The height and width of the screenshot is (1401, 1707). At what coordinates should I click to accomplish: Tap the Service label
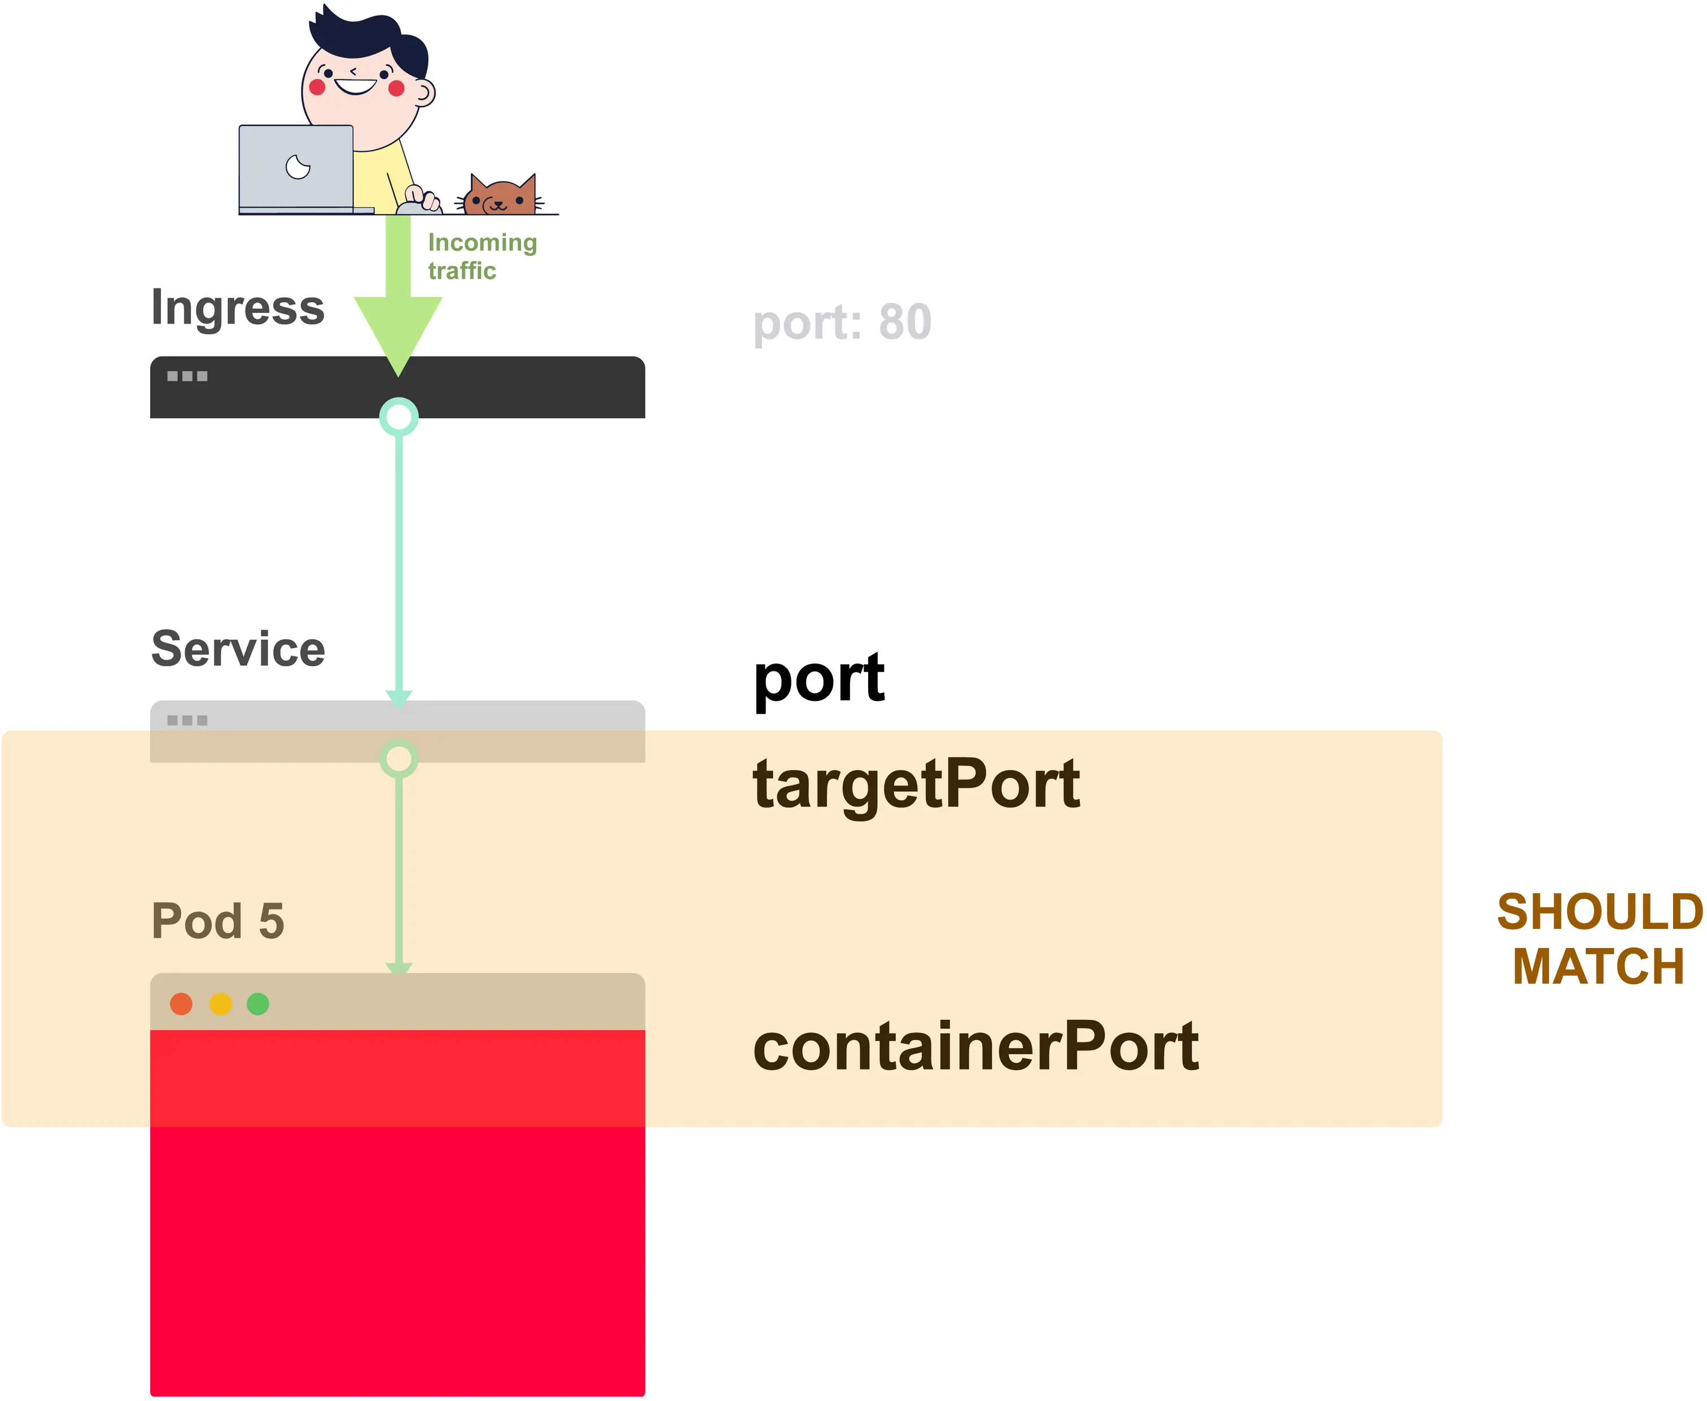pyautogui.click(x=238, y=649)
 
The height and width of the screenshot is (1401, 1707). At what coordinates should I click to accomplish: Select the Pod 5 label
pyautogui.click(x=218, y=921)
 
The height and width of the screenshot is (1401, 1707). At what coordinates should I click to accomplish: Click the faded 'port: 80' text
pyautogui.click(x=842, y=324)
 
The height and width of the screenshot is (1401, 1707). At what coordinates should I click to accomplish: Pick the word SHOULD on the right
pyautogui.click(x=1600, y=912)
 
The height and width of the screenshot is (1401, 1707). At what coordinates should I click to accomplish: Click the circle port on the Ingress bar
pyautogui.click(x=399, y=417)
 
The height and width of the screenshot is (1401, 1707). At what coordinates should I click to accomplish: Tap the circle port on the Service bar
pyautogui.click(x=399, y=758)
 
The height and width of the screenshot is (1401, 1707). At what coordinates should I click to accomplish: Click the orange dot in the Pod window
pyautogui.click(x=182, y=1004)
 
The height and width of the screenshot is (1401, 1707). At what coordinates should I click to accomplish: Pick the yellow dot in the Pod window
pyautogui.click(x=220, y=1004)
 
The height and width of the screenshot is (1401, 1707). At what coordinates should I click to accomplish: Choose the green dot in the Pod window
pyautogui.click(x=258, y=1004)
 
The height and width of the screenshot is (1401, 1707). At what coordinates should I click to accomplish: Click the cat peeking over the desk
pyautogui.click(x=500, y=195)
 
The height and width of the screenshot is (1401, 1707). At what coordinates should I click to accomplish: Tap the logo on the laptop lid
pyautogui.click(x=297, y=167)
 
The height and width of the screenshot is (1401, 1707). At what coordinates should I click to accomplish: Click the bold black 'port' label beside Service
pyautogui.click(x=819, y=679)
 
